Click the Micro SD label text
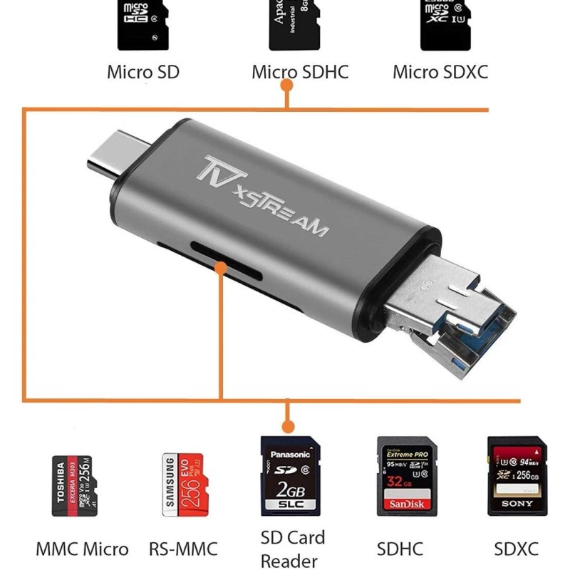point(143,72)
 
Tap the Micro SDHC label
point(300,72)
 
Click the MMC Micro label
point(82,549)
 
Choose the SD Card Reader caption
point(292,549)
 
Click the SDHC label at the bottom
point(400,549)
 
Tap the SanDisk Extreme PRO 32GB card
point(405,475)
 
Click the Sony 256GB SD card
point(515,475)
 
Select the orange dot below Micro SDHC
point(287,85)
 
